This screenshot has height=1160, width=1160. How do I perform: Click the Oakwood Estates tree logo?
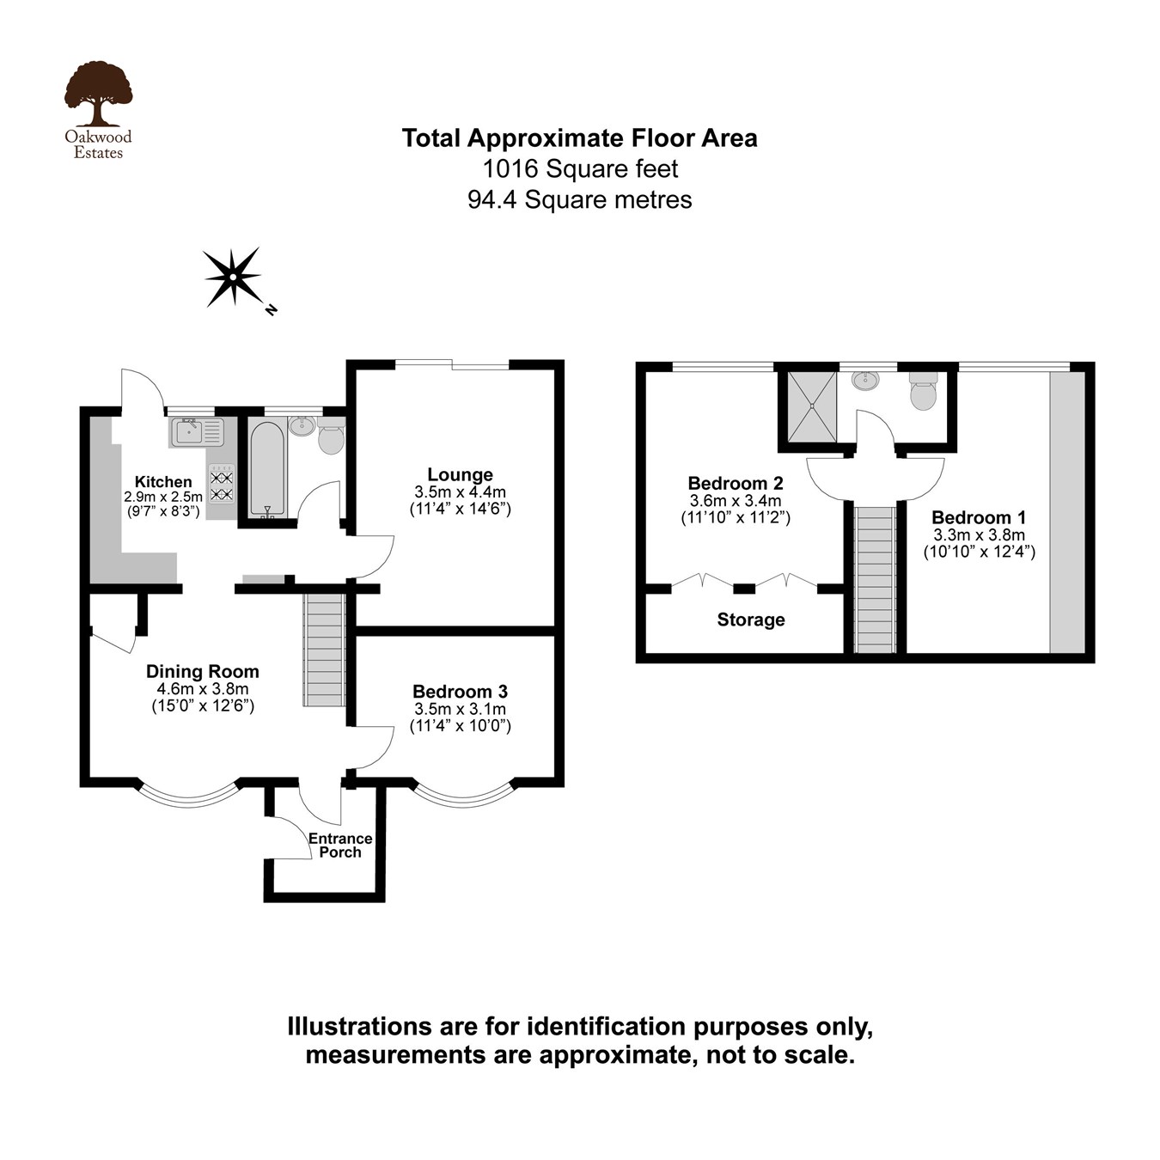point(98,95)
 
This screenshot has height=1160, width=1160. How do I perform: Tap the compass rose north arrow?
point(233,277)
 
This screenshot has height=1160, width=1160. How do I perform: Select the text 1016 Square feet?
point(580,168)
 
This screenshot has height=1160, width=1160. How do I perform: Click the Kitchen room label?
point(163,482)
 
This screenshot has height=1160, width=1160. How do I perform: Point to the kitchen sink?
point(197,431)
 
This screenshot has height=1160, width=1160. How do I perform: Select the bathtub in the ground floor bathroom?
point(267,468)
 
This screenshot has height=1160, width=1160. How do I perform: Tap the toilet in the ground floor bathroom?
point(331,437)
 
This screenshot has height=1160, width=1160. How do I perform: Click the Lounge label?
point(460,474)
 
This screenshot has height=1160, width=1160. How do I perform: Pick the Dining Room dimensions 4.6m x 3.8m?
point(202,689)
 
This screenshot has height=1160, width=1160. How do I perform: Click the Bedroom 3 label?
point(460,692)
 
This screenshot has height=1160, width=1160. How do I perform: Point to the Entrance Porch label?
point(340,845)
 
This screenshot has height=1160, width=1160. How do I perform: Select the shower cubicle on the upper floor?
point(812,406)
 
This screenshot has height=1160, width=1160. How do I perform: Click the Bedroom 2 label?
point(736,483)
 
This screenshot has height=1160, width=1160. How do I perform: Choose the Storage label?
point(751,620)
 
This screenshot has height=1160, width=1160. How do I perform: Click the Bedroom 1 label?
point(979,517)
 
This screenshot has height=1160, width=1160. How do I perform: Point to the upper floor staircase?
point(876,580)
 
